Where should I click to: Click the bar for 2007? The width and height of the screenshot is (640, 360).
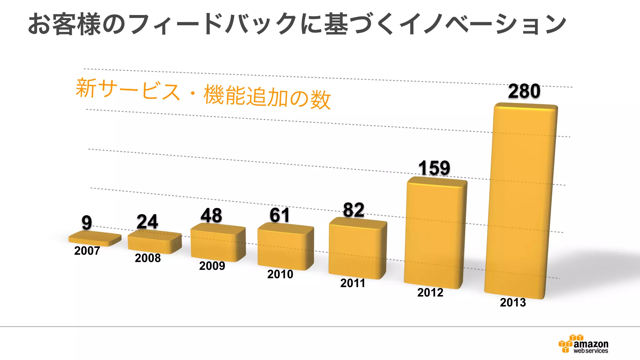point(95,239)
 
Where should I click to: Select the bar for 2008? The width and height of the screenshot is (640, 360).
point(154,242)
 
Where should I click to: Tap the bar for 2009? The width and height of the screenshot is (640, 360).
point(218,243)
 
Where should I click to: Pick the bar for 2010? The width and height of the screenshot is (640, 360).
point(285,247)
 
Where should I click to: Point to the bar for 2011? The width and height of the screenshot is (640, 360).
point(357,249)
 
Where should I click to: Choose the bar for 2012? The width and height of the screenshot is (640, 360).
point(435,233)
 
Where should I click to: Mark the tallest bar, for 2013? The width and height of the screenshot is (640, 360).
point(521,200)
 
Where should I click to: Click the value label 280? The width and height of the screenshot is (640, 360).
point(524,91)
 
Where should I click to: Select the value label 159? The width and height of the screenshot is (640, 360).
point(434,168)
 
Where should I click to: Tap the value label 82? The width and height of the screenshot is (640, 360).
point(353,210)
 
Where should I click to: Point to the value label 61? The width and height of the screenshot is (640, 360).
point(280,215)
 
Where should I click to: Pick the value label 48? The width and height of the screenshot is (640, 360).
point(211,216)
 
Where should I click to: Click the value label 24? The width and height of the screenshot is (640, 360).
point(147,222)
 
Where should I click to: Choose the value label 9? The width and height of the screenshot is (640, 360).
point(87,222)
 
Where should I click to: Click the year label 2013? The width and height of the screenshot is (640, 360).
point(513,302)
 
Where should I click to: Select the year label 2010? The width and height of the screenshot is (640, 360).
point(280,274)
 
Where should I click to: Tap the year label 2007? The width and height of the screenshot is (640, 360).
point(87,251)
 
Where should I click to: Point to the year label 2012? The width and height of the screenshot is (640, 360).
point(430,293)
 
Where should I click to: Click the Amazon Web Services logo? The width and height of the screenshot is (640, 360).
point(583,344)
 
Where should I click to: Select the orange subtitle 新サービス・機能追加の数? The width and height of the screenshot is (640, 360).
point(203,93)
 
